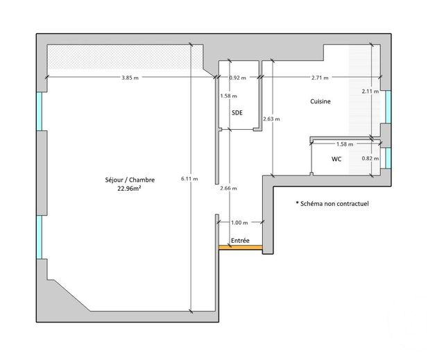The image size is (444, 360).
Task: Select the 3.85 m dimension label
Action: click(x=130, y=78)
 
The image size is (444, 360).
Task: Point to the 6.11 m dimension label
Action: click(x=189, y=178)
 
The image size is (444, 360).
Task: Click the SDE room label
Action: click(x=237, y=112)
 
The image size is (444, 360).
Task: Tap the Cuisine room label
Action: click(x=320, y=102)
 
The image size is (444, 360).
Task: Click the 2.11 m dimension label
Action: click(x=370, y=91)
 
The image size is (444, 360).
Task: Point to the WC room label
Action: click(x=336, y=159)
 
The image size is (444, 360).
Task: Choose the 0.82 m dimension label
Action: click(x=370, y=158)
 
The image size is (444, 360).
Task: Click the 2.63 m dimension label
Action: click(x=271, y=119)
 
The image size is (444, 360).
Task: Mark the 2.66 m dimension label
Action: click(x=228, y=188)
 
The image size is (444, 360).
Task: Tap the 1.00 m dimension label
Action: click(x=238, y=222)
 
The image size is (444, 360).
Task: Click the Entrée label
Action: click(x=240, y=240)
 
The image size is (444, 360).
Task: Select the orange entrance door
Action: click(x=240, y=247)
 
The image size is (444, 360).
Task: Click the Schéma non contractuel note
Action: click(x=332, y=204)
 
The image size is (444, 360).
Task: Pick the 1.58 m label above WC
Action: click(x=345, y=144)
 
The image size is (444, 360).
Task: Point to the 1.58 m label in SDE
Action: click(x=228, y=96)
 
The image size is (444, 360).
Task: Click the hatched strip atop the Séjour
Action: click(x=118, y=55)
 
